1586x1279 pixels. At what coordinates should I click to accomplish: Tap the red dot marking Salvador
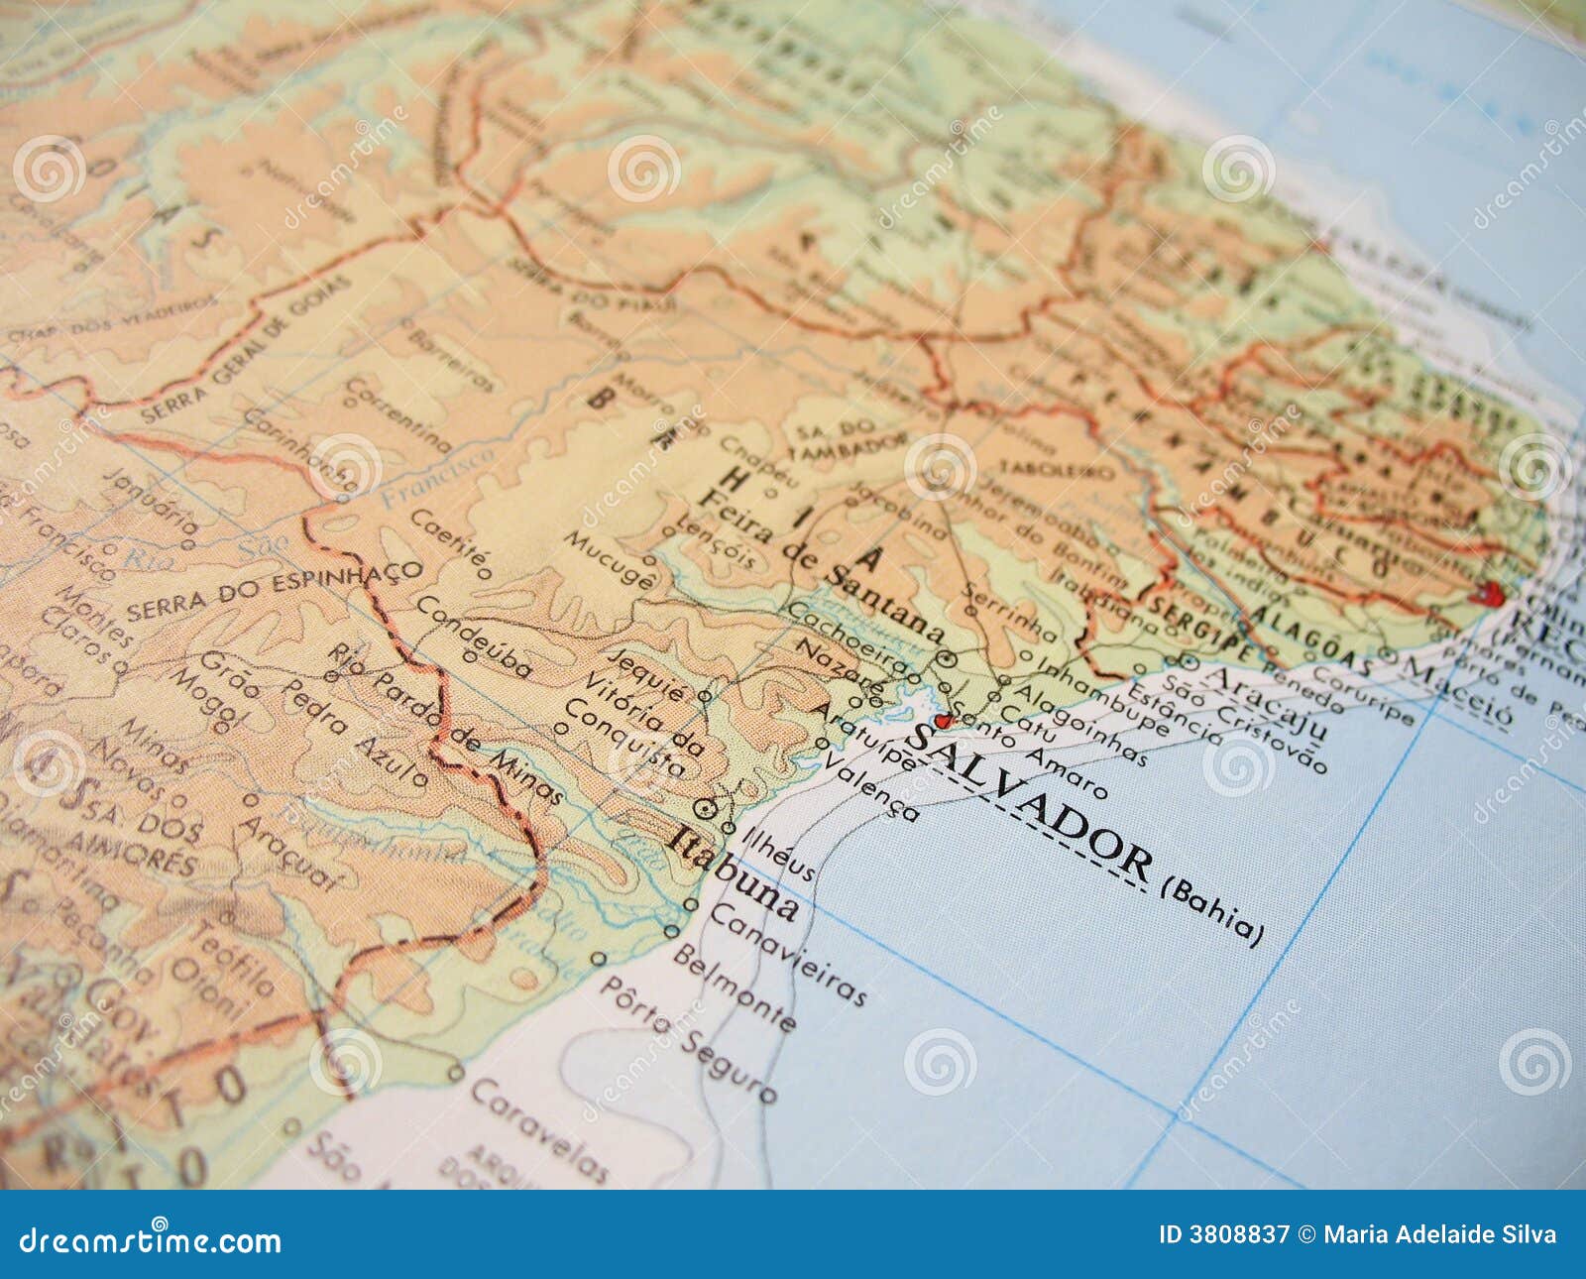(941, 720)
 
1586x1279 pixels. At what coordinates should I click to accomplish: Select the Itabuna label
(735, 872)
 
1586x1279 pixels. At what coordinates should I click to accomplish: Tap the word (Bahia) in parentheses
(1213, 912)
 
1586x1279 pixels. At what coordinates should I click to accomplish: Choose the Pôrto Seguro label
(689, 1038)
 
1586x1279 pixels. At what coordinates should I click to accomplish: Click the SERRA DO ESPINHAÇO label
(274, 591)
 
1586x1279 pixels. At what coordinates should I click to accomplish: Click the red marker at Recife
(1491, 594)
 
